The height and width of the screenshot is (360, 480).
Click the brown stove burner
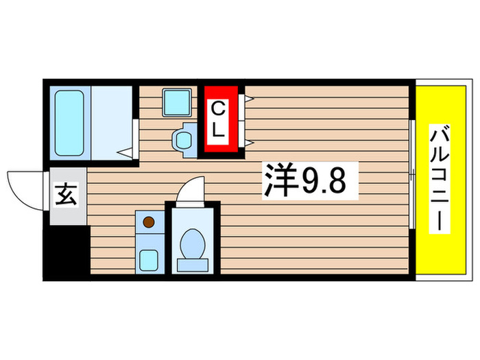point(148,222)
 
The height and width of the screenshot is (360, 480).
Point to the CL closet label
point(218,119)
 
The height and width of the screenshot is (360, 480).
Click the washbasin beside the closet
point(183,139)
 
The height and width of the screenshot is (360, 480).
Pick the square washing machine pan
point(176,102)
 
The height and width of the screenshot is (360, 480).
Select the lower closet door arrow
point(248,142)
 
